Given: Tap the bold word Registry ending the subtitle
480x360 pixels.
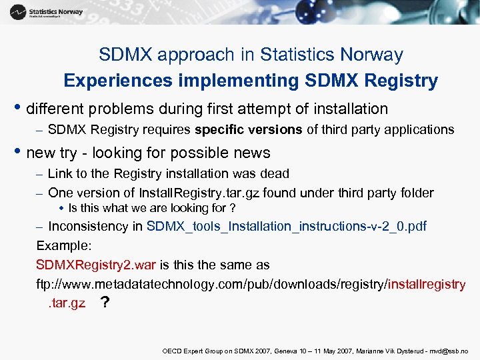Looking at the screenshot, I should coord(405,81).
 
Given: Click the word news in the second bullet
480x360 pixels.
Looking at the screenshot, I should coord(251,153).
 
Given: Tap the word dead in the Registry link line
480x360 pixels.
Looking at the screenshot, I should coord(277,173).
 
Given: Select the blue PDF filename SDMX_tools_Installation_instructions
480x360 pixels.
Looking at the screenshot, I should coord(286,226).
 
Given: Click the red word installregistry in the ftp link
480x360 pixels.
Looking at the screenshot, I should coord(426,284).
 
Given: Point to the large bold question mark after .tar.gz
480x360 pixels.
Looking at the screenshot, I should coord(104,303).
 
